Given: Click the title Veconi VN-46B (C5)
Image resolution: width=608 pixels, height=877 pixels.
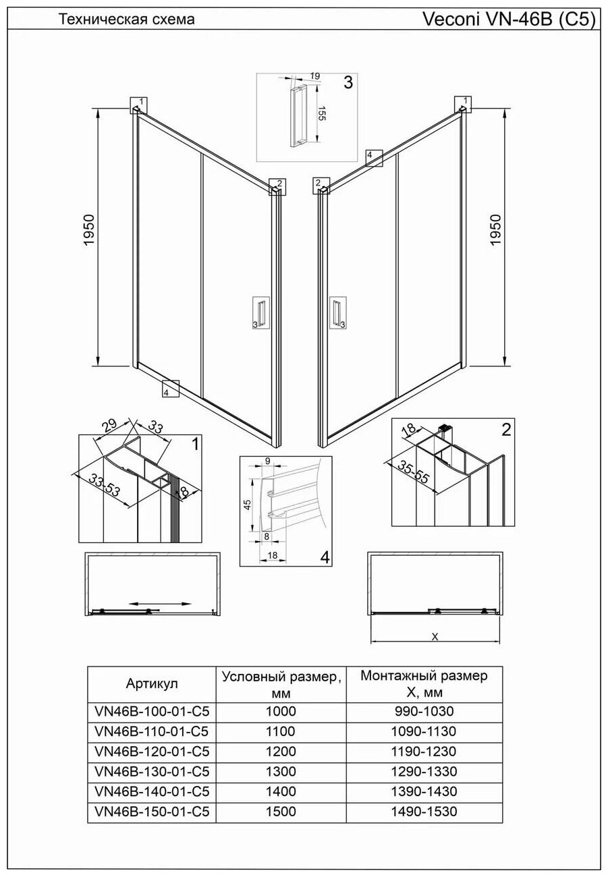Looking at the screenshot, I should pyautogui.click(x=509, y=20).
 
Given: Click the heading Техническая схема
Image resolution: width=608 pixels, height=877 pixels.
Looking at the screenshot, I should pyautogui.click(x=127, y=20).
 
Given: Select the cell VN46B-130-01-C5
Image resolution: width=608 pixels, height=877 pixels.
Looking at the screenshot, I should pyautogui.click(x=153, y=771).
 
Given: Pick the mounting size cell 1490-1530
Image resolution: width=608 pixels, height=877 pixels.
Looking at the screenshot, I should pyautogui.click(x=424, y=812).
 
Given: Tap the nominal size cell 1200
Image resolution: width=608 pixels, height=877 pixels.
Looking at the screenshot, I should pyautogui.click(x=281, y=752).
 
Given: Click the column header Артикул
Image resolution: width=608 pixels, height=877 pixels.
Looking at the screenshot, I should pyautogui.click(x=152, y=683).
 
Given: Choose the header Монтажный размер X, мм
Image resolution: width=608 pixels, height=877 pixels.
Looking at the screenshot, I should pyautogui.click(x=424, y=683).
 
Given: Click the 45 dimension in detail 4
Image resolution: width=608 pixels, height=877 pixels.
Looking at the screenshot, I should pyautogui.click(x=248, y=504).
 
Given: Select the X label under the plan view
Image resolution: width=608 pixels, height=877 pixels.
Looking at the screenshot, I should pyautogui.click(x=435, y=636).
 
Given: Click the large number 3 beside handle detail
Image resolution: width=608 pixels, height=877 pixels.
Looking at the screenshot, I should pyautogui.click(x=348, y=83).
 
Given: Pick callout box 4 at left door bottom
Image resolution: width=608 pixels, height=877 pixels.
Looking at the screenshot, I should pyautogui.click(x=169, y=389).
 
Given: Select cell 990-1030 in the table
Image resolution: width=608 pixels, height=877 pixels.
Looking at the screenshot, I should pyautogui.click(x=424, y=711).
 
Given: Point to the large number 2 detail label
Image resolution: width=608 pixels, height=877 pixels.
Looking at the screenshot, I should pyautogui.click(x=506, y=429).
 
